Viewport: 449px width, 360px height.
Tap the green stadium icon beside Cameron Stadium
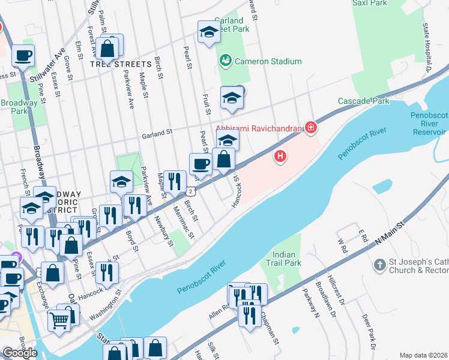tap(226, 61)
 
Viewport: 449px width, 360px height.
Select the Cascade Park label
tap(364, 101)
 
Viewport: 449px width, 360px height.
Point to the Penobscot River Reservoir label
tap(429, 123)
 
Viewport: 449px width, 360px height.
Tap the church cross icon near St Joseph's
tap(379, 265)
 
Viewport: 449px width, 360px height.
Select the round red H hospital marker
tap(280, 157)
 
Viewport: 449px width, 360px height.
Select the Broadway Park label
tap(19, 107)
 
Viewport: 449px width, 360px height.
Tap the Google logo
tap(19, 352)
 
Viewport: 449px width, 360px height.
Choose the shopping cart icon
tap(59, 319)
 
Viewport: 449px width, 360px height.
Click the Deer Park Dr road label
tap(367, 331)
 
